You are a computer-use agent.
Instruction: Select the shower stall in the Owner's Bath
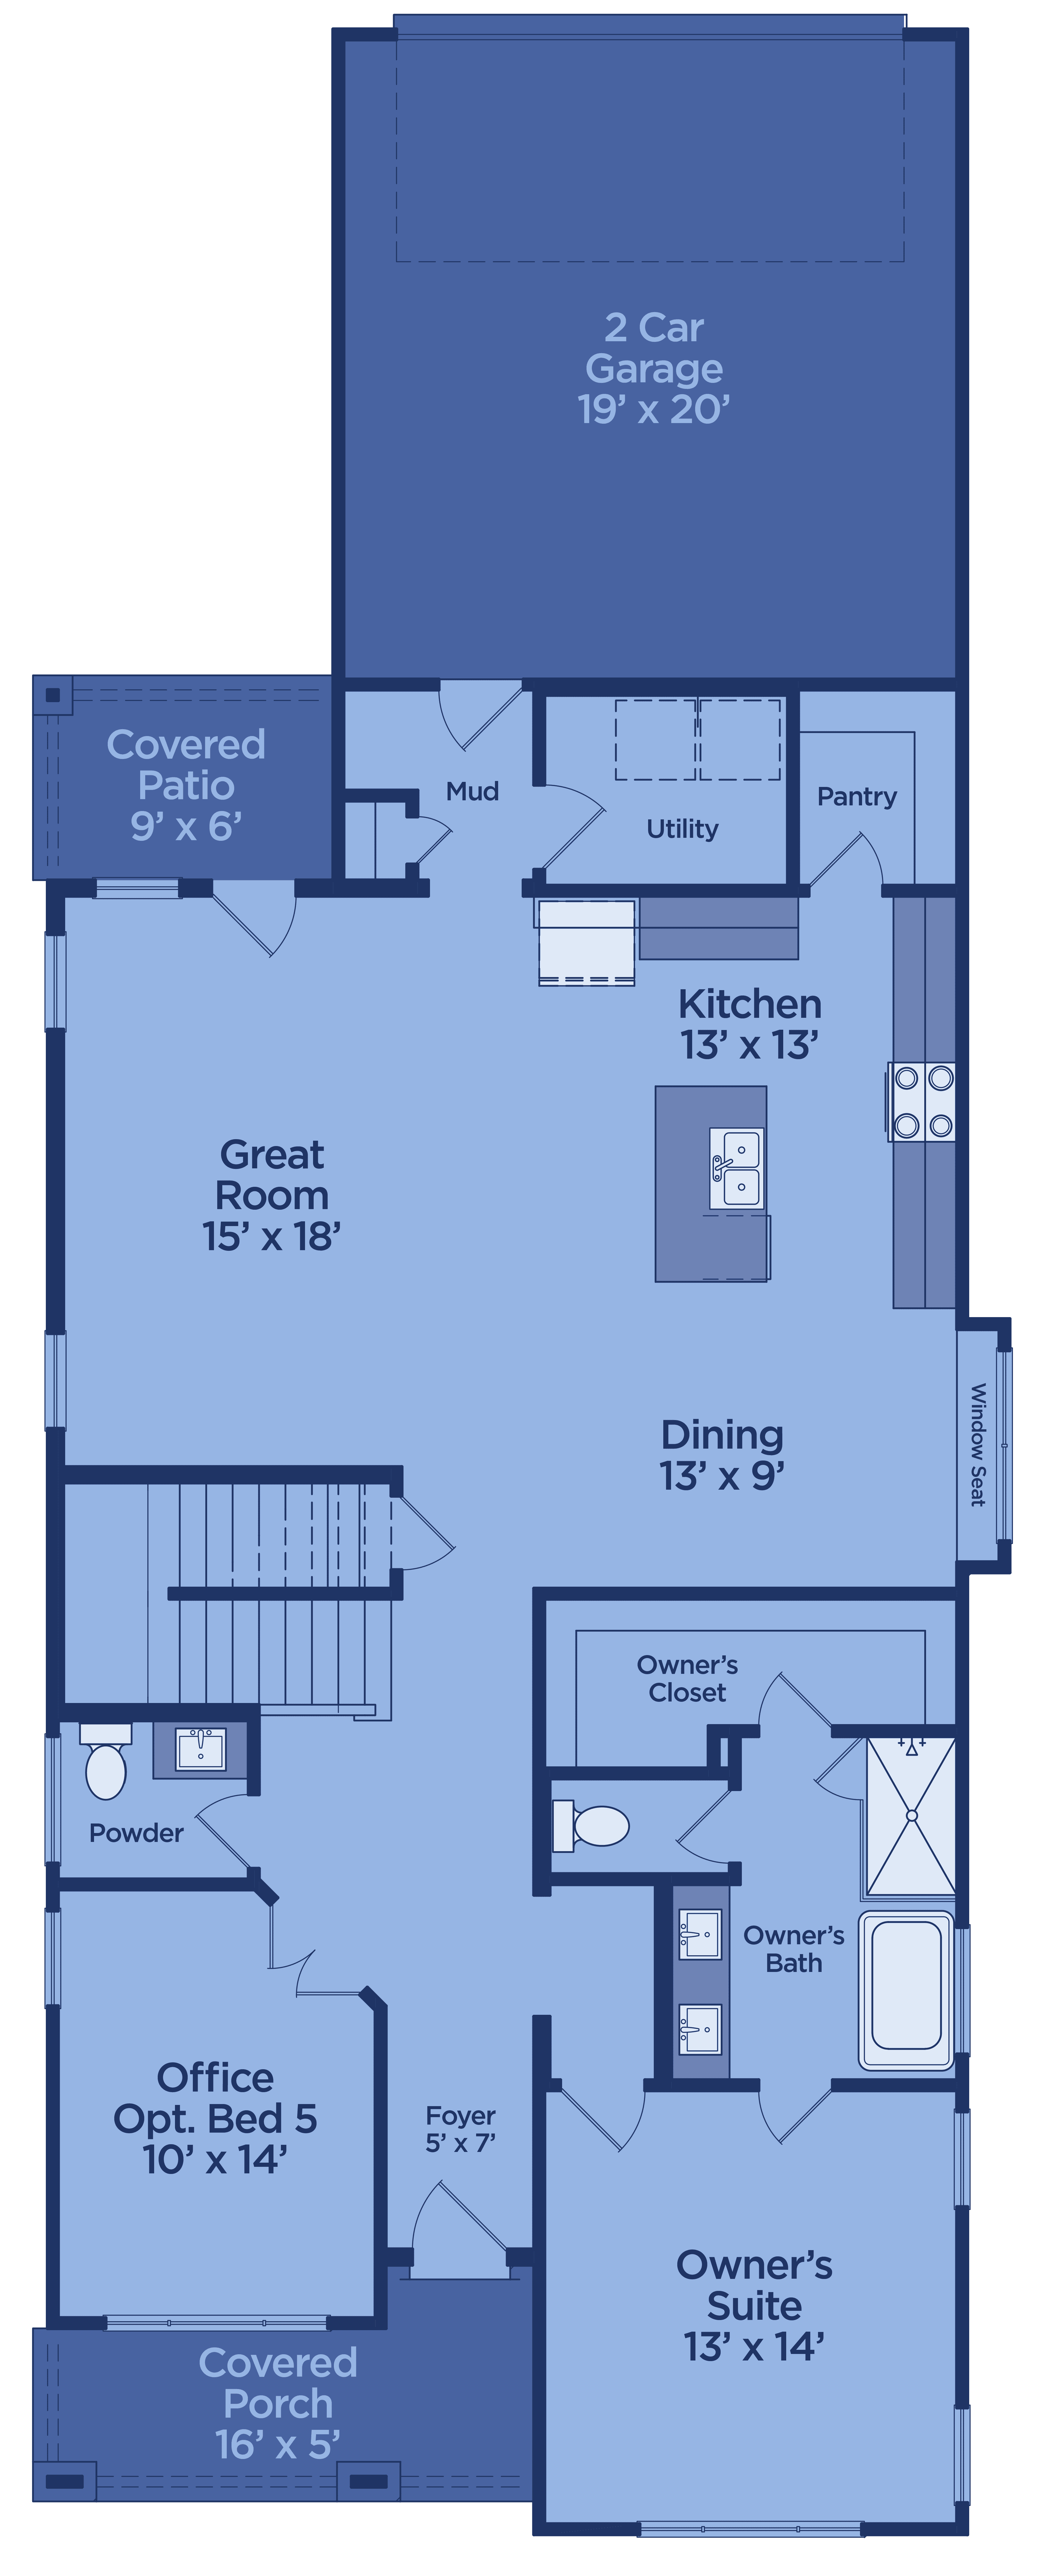(x=911, y=1816)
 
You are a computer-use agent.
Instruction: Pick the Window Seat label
(x=978, y=1445)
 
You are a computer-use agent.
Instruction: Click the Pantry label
(x=857, y=796)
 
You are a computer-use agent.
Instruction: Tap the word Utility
(x=682, y=829)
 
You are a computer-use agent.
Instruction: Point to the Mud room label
(x=472, y=791)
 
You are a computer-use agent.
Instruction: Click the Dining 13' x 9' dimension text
(x=722, y=1476)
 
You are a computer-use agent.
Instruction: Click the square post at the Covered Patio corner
(x=53, y=695)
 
